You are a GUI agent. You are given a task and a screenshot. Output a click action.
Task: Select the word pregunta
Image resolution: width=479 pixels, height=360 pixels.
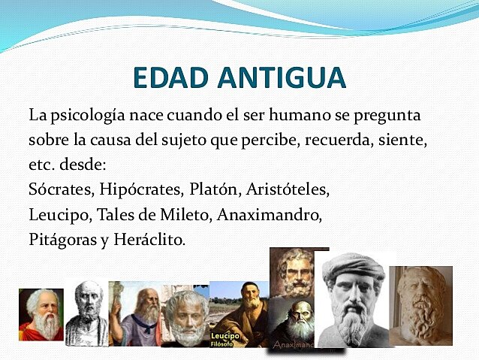tap(387, 118)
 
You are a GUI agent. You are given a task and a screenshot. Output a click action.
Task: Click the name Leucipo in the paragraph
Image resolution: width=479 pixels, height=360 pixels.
tap(59, 215)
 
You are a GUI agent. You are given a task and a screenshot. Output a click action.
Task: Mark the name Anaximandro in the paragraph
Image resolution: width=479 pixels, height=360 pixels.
tap(270, 215)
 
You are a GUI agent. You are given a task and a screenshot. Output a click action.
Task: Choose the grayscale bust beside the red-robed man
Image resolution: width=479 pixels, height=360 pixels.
tap(86, 312)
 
